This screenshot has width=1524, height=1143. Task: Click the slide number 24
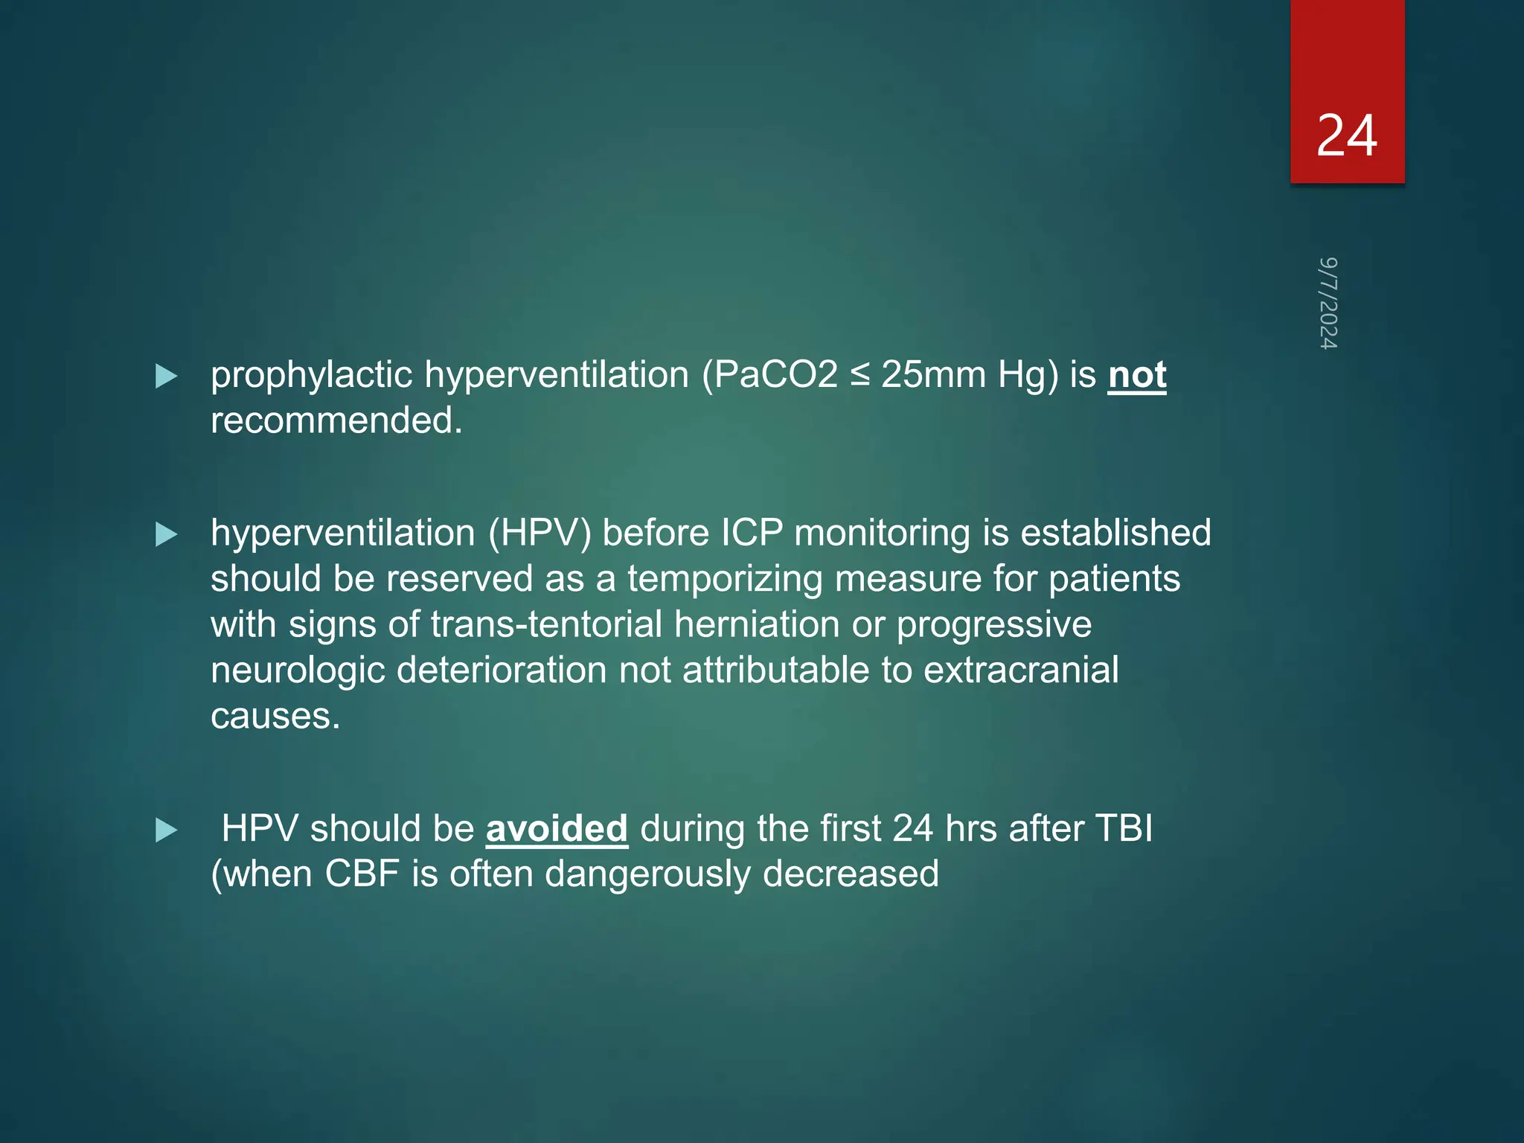(1346, 136)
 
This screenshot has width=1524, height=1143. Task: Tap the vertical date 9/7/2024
(1328, 303)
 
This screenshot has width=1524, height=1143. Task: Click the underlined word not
(1136, 374)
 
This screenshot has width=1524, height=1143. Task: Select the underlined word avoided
(557, 828)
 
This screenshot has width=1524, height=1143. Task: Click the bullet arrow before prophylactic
(166, 377)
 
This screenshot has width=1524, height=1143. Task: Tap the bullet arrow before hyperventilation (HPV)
(166, 534)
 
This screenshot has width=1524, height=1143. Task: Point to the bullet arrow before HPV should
(166, 830)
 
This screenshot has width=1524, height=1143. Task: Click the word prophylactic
(311, 374)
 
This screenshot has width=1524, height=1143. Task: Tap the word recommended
(336, 420)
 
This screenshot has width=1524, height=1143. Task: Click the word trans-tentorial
(546, 624)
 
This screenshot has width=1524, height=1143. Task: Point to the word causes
(275, 716)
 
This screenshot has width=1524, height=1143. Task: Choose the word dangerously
(647, 874)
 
